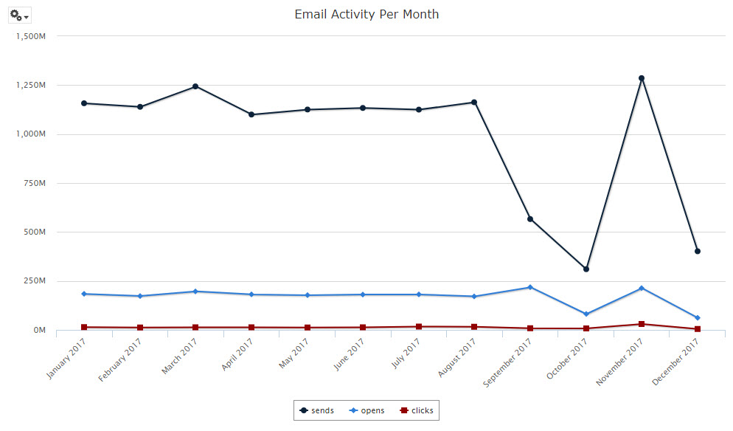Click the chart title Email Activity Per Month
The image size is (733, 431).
(x=366, y=14)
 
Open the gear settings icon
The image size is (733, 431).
(x=18, y=15)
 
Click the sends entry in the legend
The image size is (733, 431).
(x=317, y=410)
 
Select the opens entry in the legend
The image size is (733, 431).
(x=366, y=410)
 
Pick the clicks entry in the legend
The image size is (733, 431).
(x=417, y=410)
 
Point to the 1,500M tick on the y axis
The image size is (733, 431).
(x=31, y=36)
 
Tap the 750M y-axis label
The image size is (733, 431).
(x=35, y=183)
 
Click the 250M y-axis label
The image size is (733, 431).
(x=35, y=281)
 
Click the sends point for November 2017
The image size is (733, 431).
(x=642, y=78)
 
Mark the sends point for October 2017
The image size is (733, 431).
(x=586, y=269)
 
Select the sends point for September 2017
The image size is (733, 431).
(x=530, y=219)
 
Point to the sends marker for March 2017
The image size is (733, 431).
(x=195, y=86)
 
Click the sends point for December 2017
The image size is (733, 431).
(x=698, y=252)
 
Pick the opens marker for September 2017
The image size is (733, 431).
(x=530, y=287)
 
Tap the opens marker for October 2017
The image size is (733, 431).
(x=586, y=314)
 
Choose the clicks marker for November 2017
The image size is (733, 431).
(x=642, y=324)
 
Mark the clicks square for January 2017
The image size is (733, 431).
(x=84, y=327)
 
